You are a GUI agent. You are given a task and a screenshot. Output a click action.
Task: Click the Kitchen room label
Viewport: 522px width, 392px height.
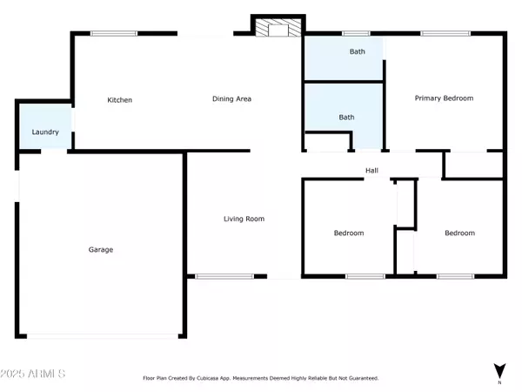pos(119,99)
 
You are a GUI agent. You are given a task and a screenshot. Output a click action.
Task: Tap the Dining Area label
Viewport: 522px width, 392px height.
pos(231,99)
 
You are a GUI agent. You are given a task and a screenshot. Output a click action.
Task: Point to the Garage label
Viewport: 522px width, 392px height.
pos(100,250)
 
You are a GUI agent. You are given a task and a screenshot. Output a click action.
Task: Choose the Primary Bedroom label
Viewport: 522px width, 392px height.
pos(443,98)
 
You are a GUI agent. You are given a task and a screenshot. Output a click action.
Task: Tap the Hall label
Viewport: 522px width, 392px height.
pos(371,171)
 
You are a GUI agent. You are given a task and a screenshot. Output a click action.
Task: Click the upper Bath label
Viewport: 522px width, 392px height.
pos(358,52)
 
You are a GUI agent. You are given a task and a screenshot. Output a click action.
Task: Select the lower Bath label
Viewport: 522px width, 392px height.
pos(345,117)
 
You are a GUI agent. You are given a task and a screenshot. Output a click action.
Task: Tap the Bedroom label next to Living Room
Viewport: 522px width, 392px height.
pos(349,233)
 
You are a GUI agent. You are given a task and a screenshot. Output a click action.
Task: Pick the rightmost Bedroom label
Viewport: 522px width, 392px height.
pos(459,233)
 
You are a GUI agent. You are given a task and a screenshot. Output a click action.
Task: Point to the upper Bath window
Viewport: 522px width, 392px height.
pos(355,34)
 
